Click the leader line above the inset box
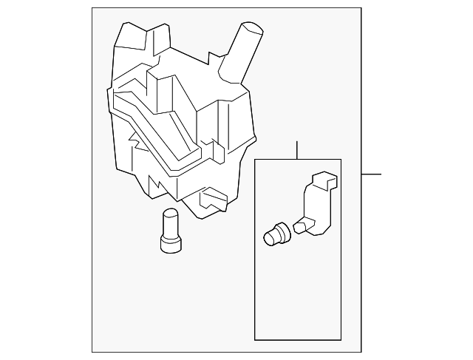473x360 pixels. click(x=296, y=149)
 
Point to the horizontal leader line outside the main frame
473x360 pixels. click(x=372, y=174)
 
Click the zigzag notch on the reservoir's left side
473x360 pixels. click(x=136, y=137)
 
